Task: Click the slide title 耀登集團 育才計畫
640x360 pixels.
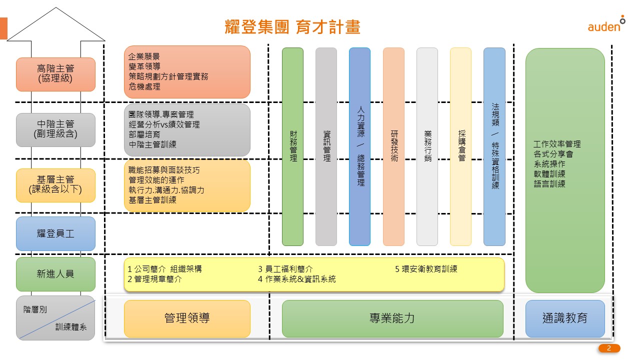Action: point(292,27)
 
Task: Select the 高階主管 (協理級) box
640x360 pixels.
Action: point(55,74)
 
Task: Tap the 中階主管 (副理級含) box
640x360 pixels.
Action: point(55,129)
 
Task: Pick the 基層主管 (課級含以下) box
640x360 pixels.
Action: point(55,185)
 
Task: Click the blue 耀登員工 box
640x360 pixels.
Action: point(55,233)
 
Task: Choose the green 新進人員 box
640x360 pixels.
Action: point(55,274)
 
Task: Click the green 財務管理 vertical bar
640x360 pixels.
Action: point(293,146)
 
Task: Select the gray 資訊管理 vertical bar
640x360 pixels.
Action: point(326,146)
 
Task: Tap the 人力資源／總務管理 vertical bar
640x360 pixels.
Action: point(360,146)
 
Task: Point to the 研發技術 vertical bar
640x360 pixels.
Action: point(393,146)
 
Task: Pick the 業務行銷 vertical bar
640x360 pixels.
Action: point(427,146)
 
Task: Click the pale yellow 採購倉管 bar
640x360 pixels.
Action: point(460,146)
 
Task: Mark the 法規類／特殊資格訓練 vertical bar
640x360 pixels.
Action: point(494,146)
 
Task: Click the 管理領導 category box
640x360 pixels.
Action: point(187,318)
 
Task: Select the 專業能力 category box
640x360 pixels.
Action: point(392,318)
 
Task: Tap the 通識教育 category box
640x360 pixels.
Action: point(565,318)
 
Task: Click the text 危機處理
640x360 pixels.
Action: point(144,87)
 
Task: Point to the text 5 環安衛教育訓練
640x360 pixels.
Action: point(426,269)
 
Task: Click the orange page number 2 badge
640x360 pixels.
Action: point(609,348)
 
